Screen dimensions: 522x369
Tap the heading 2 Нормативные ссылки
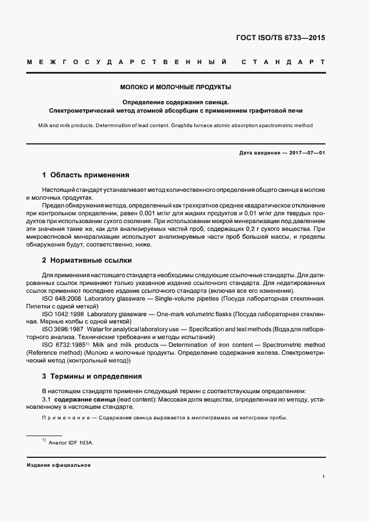87,260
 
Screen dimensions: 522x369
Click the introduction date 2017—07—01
307,153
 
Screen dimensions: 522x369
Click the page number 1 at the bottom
324,477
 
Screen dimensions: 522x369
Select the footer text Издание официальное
59,465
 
